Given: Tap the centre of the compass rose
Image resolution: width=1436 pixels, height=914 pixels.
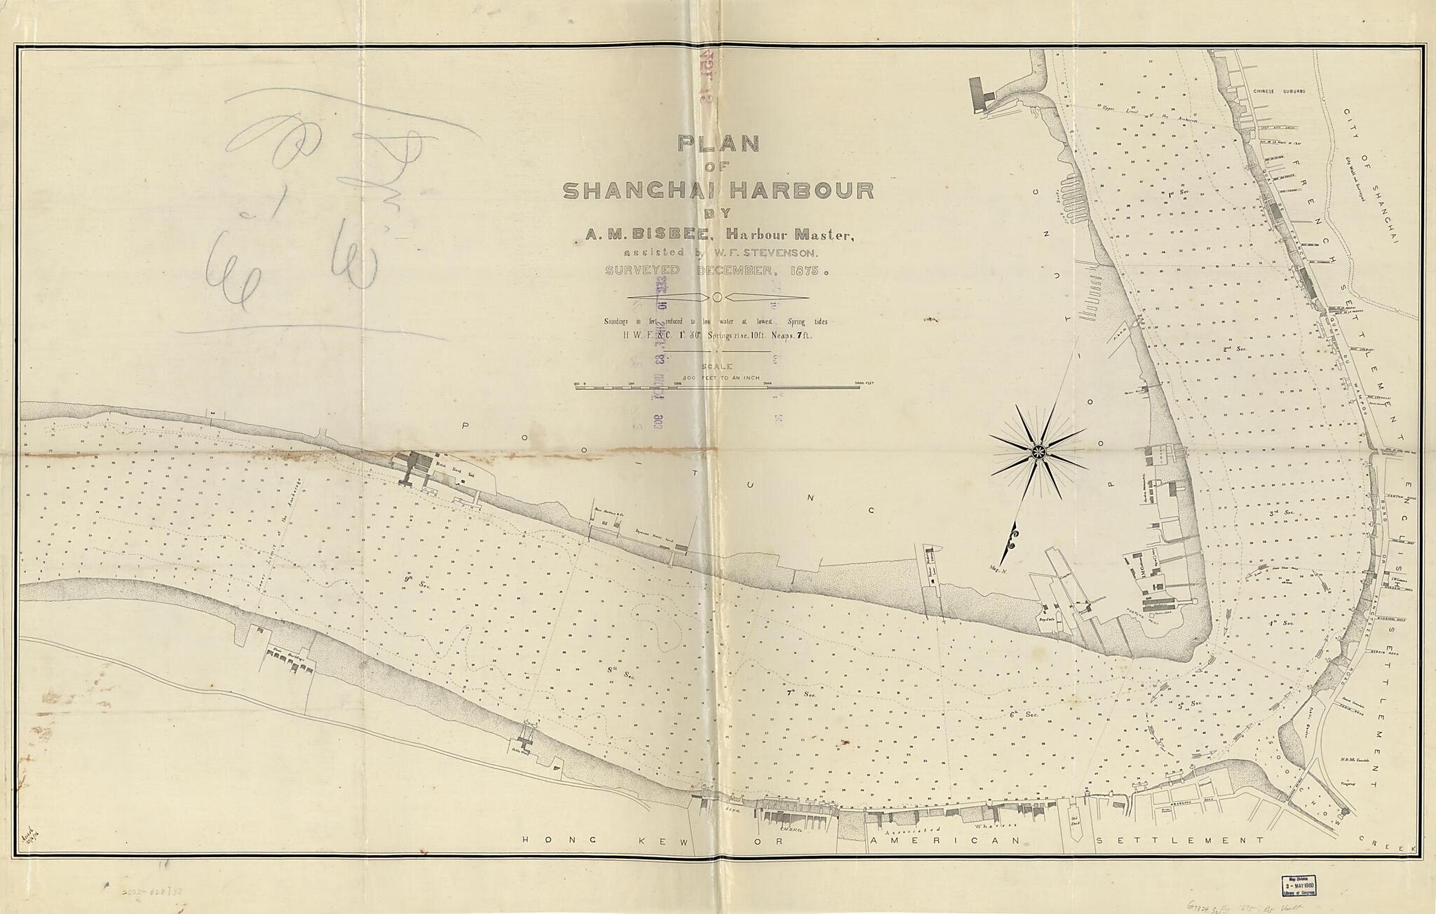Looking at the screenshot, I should coord(1038,453).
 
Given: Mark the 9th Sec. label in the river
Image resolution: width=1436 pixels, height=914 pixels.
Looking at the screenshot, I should coord(409,579).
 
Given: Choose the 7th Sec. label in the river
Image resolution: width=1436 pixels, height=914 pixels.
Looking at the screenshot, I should coord(794,693).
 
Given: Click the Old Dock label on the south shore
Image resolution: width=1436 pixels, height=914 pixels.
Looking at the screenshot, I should coord(1074,819).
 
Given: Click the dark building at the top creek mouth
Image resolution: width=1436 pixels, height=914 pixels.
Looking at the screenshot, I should coord(977,93).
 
